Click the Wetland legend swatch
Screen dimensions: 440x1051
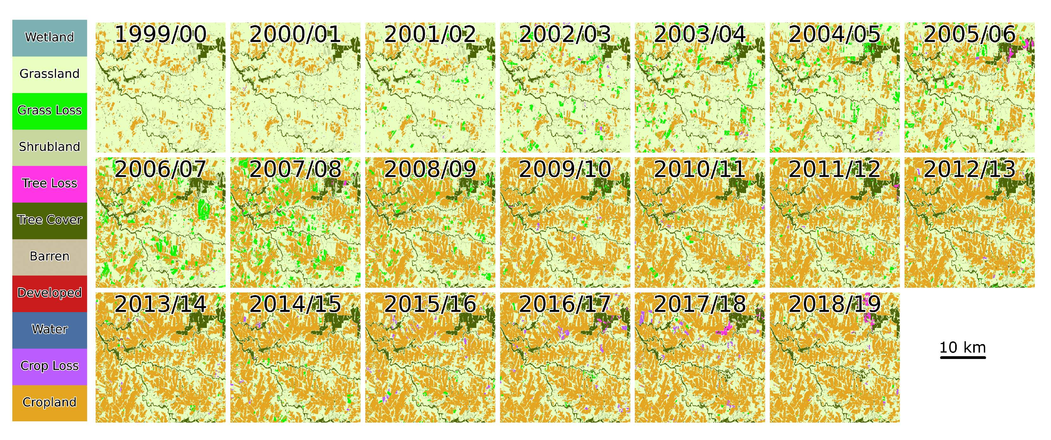tap(49, 38)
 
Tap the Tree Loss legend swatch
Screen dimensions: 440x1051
tap(49, 184)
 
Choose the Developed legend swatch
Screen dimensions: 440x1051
tap(49, 293)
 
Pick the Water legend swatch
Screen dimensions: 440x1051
tap(49, 330)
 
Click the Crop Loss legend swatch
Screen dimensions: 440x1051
tap(49, 366)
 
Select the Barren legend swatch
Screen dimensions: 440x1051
tap(49, 257)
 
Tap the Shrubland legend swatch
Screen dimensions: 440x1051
tap(49, 147)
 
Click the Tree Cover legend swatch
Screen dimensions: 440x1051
tap(49, 220)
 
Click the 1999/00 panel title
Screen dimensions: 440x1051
tap(160, 34)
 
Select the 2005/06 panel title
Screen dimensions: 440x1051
tap(969, 34)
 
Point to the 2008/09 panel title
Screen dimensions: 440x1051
tap(430, 169)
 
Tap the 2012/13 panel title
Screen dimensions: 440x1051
tap(969, 169)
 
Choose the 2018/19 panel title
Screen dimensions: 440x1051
tap(834, 305)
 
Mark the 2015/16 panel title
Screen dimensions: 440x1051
tap(430, 305)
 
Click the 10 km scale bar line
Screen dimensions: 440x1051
tap(963, 358)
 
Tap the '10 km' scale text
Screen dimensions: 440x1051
tap(963, 347)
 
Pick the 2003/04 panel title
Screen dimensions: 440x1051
tap(700, 34)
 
